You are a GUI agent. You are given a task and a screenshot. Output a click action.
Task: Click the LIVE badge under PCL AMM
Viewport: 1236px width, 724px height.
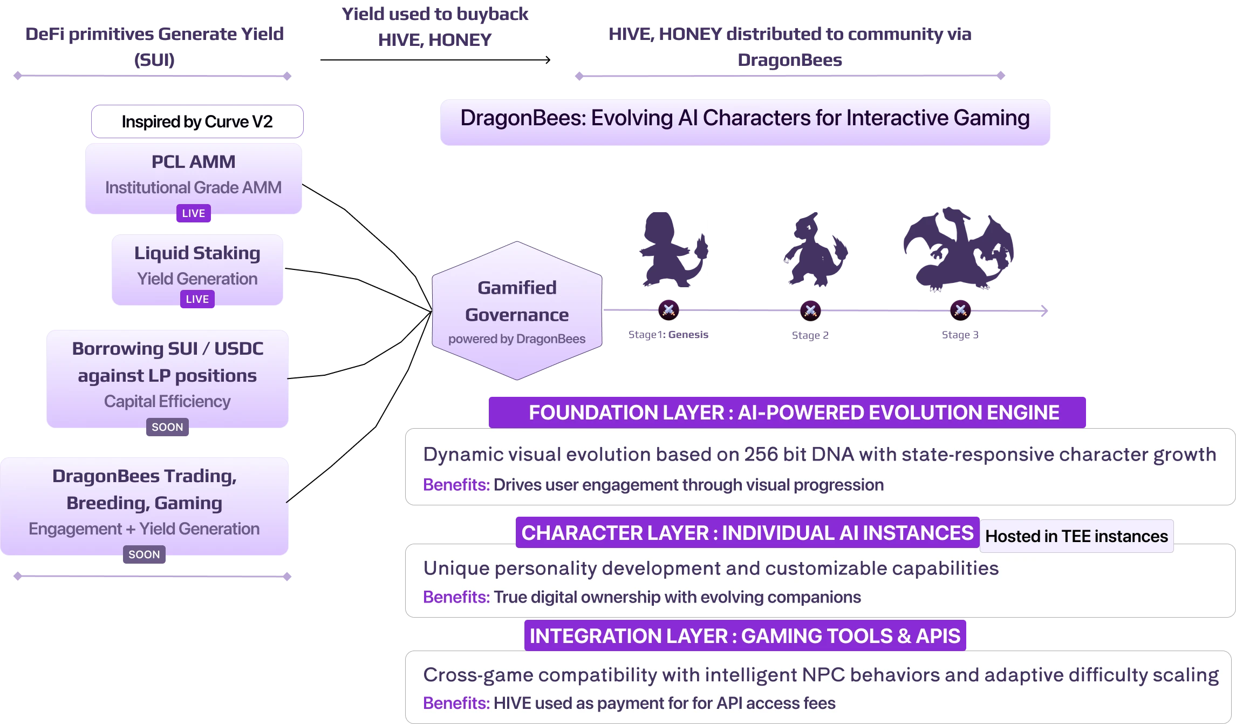[193, 213]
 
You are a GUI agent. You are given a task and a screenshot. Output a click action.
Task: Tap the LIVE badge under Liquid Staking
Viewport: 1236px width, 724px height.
[197, 299]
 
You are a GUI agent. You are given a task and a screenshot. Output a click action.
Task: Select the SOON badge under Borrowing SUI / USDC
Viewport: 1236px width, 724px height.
[167, 427]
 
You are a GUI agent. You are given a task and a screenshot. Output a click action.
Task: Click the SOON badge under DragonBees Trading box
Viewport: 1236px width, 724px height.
[144, 554]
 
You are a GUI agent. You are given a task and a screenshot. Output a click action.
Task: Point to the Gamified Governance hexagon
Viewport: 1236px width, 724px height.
[517, 310]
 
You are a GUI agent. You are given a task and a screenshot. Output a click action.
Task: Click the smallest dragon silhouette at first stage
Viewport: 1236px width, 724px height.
[672, 249]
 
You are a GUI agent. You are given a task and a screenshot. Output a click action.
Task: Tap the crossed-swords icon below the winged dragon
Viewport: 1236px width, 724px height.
[960, 310]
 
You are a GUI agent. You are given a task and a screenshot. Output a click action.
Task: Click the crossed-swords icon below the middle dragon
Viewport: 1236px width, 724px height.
[810, 310]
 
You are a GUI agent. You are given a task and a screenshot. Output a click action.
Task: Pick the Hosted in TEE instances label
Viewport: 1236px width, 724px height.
[1076, 536]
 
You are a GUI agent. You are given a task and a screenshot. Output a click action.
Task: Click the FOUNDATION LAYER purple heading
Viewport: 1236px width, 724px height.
[787, 412]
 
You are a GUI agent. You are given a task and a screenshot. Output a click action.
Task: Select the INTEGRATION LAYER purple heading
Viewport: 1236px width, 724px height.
[745, 636]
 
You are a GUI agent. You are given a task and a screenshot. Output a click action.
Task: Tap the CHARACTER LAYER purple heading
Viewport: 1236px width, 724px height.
[747, 533]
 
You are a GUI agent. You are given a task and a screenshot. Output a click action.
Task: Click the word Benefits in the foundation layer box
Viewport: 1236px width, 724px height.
[456, 485]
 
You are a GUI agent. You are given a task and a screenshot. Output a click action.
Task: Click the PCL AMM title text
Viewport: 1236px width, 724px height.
[193, 162]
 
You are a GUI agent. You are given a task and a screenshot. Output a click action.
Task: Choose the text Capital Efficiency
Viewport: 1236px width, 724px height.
[167, 402]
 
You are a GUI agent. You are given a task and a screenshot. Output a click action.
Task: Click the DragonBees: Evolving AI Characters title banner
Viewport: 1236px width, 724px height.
[745, 119]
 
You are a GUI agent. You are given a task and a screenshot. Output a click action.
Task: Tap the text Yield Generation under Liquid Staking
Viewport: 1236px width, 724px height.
[197, 279]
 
